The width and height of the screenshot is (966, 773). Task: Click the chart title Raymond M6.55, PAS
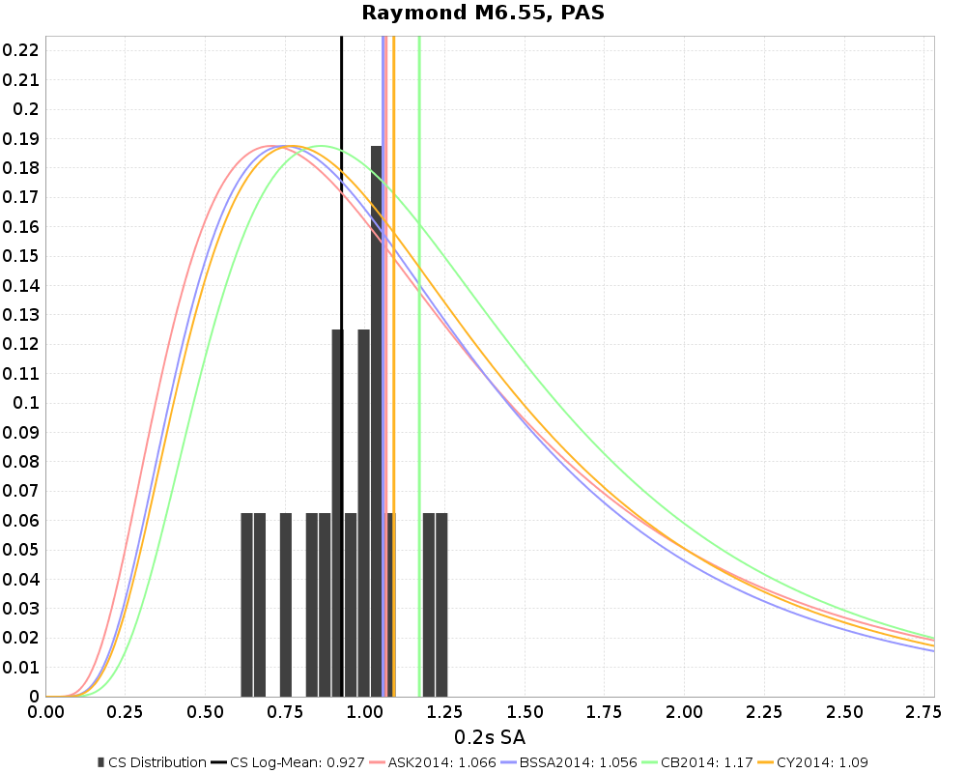pos(483,13)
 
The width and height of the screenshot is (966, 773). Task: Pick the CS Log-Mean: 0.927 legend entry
pos(296,762)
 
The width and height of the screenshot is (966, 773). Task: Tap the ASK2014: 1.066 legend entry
pos(437,762)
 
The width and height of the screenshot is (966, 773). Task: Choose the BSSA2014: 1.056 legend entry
pos(576,762)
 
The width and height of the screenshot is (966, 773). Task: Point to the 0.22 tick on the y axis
pos(20,50)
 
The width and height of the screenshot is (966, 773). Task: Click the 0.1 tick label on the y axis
pos(25,403)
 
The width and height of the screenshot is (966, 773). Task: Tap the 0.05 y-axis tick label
pos(20,550)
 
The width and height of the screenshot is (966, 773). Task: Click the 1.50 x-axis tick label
pos(524,713)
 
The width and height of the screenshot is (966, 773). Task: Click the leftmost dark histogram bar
pos(247,604)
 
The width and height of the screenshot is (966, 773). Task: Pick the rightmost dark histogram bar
pos(441,604)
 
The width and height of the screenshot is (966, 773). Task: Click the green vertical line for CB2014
pos(419,290)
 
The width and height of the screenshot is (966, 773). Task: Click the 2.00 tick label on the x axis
pos(684,713)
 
